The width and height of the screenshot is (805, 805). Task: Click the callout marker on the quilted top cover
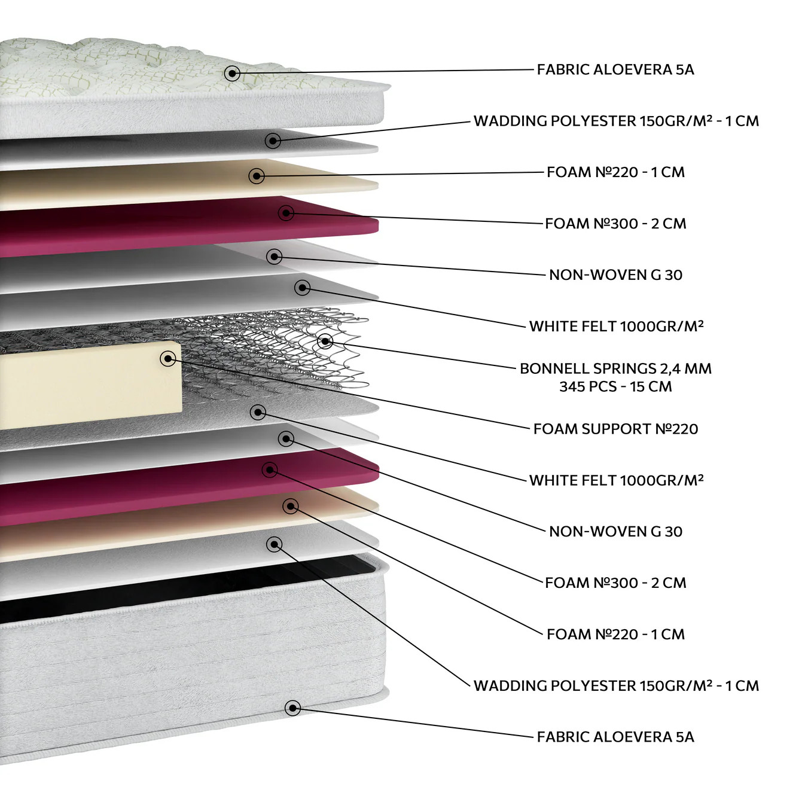click(232, 74)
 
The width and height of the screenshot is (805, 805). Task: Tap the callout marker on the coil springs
click(325, 341)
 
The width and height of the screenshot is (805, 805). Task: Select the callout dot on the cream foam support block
click(168, 358)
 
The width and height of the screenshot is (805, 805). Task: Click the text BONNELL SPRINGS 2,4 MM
click(615, 368)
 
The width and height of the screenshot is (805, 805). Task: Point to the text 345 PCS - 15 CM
click(615, 386)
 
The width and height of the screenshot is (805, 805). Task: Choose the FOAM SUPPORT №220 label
click(615, 429)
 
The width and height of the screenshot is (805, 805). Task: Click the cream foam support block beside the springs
click(91, 385)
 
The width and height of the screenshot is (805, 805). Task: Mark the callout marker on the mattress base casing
click(293, 708)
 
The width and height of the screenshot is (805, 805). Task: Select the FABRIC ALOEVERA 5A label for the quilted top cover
click(615, 69)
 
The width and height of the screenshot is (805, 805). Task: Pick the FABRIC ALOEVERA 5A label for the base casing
click(615, 736)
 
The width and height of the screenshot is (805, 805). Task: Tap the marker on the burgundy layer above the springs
click(286, 213)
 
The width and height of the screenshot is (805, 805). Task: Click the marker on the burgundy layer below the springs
click(270, 470)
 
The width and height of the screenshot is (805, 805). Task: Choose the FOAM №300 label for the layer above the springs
click(615, 224)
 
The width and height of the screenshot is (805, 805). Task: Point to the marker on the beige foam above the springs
click(257, 176)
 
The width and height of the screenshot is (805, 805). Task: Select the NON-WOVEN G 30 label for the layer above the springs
click(615, 275)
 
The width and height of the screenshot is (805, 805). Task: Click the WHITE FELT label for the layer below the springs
click(616, 480)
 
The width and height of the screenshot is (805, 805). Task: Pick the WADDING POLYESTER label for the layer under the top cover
click(616, 121)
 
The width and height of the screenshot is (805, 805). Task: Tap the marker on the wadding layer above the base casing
click(274, 544)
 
